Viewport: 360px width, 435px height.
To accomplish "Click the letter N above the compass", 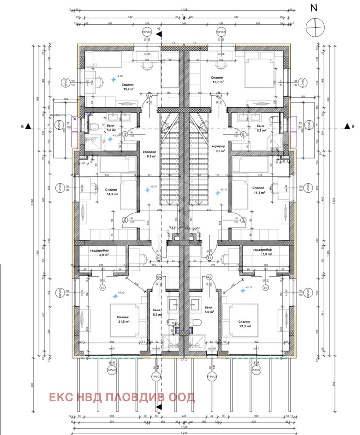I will coord(314,8).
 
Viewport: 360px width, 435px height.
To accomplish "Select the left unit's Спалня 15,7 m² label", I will coord(129,87).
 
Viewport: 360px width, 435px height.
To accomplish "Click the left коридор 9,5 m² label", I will coord(149,154).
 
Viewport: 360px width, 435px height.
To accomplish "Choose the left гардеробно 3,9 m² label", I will coord(99,252).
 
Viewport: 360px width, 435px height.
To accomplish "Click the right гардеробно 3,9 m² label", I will coord(262,252).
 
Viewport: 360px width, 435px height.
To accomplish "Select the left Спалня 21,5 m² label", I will coord(123,319).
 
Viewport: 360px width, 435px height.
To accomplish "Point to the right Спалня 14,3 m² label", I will coord(259,190).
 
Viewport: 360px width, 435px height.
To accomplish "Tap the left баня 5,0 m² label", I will coord(157,312).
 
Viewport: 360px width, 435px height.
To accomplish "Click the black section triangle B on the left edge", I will coord(28,127).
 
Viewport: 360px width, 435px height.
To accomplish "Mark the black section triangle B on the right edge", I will coord(347,127).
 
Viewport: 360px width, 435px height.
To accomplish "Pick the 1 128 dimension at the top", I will coord(184,10).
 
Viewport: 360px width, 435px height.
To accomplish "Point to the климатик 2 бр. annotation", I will coord(57,116).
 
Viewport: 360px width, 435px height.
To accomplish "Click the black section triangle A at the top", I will coord(159,34).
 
